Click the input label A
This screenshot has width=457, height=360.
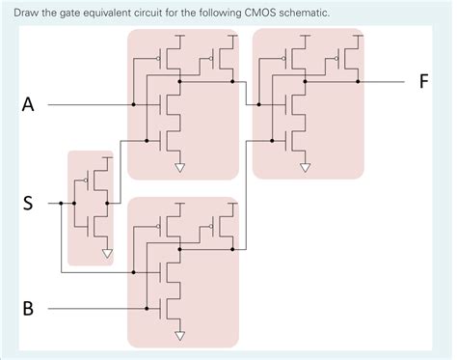click(28, 105)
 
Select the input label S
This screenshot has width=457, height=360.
click(28, 204)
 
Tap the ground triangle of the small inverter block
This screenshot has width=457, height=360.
click(106, 256)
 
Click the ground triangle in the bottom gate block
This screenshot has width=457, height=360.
click(179, 337)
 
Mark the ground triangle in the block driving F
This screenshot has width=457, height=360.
click(305, 167)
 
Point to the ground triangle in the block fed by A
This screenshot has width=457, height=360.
click(179, 167)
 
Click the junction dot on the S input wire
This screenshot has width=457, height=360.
click(61, 204)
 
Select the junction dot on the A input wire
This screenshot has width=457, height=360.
click(134, 104)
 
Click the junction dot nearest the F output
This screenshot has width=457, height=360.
click(358, 82)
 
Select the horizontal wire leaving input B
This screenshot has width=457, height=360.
click(96, 309)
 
